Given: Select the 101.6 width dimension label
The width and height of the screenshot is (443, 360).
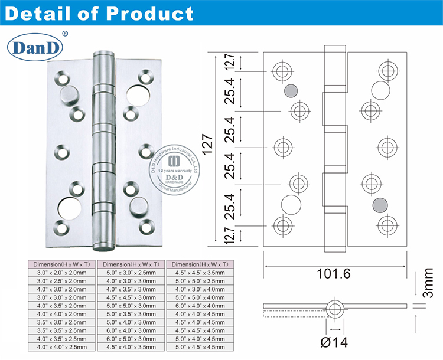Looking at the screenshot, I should pos(335,274).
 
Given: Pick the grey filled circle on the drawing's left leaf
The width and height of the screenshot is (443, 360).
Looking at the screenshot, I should pos(290,90).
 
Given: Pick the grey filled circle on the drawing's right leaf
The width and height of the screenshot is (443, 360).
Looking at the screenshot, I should pos(380,205).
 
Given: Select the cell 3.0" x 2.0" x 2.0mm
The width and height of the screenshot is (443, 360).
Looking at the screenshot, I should pos(61,273).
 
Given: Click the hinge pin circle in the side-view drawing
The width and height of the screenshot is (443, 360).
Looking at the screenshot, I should pos(335,307).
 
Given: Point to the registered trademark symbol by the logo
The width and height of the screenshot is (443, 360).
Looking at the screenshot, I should pos(64,34).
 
